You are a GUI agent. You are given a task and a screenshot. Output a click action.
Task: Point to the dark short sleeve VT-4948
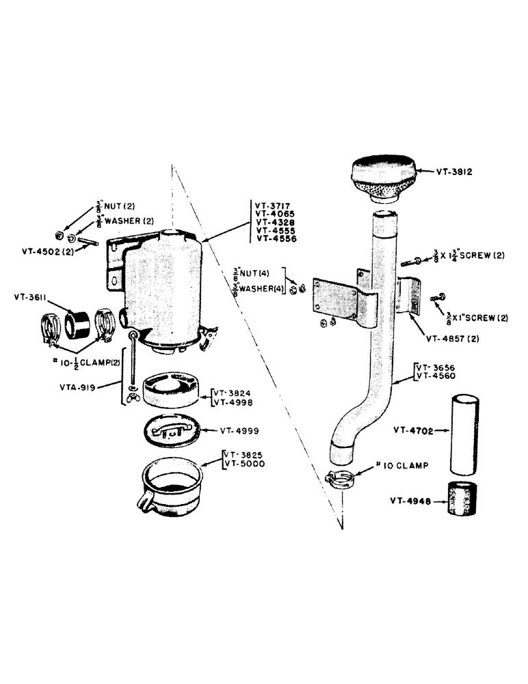click(462, 500)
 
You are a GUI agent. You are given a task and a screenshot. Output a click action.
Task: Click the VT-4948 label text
click(410, 500)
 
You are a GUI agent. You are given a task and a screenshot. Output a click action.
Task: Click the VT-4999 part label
click(237, 432)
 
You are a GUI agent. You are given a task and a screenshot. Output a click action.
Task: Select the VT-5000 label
click(245, 464)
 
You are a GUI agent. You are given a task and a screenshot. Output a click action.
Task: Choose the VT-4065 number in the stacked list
click(275, 213)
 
